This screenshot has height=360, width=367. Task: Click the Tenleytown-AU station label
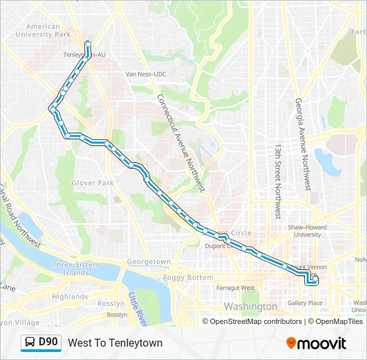(x=84, y=55)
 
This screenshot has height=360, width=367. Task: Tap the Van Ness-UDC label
(x=151, y=74)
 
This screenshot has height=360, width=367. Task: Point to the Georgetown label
(x=149, y=261)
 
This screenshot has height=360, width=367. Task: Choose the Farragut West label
(x=236, y=288)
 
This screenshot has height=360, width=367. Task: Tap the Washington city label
(x=251, y=307)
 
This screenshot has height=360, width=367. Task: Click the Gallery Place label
(x=305, y=303)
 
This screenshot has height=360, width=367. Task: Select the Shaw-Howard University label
(x=308, y=231)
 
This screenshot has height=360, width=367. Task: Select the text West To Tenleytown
(x=115, y=343)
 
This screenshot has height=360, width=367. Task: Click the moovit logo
(x=316, y=343)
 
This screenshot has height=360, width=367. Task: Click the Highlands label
(x=70, y=297)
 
